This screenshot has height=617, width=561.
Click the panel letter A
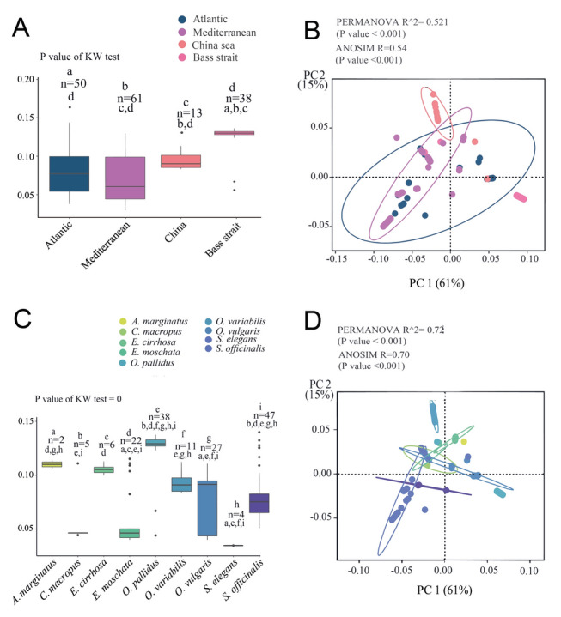pos(21,27)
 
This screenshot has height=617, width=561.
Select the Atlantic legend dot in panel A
pos(182,19)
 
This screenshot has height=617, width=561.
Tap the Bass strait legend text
pos(215,57)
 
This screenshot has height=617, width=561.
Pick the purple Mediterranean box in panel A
pos(125,178)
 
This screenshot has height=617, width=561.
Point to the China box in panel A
pos(180,161)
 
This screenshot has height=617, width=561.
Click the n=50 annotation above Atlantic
pos(73,83)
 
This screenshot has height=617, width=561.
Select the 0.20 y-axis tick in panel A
pos(26,79)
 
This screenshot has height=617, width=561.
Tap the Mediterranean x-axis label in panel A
pos(105,245)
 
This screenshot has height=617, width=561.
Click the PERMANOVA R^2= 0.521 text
pos(392,22)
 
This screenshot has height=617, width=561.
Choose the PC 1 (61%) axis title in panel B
pos(436,283)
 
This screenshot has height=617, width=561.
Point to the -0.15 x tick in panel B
pos(337,259)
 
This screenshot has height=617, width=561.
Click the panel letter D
pos(313,321)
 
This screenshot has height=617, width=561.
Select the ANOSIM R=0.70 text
pos(374,354)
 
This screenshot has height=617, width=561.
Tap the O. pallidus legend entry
pos(147,363)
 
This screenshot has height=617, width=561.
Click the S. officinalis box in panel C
pos(259,503)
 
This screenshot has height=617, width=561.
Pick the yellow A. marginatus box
pos(52,464)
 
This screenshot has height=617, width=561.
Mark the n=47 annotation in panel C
pos(264,415)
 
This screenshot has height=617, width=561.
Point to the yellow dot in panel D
pos(464,441)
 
